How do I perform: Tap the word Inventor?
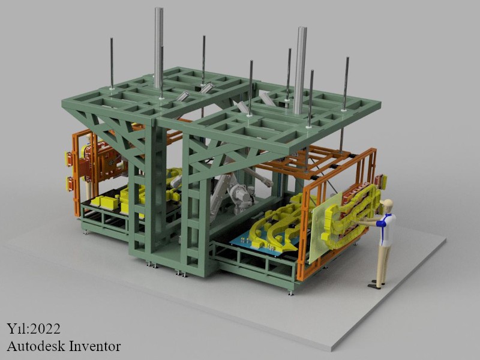tap(95, 346)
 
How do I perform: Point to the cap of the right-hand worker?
tap(386, 202)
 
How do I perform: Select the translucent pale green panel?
tap(325, 227)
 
